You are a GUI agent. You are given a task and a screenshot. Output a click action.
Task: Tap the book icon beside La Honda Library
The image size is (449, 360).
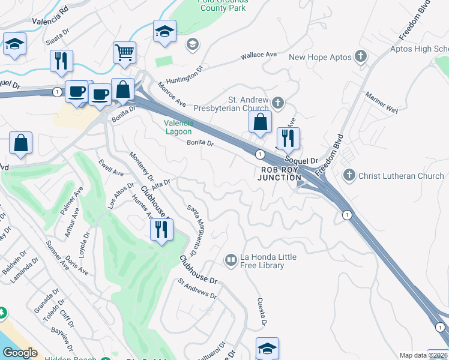[x=231, y=260]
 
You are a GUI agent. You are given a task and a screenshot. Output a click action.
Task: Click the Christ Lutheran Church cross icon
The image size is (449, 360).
[x=349, y=176]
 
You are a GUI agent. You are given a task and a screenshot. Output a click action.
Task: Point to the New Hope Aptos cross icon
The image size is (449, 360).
[x=360, y=57]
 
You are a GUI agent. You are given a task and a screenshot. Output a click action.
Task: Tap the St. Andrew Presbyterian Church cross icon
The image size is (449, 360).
[x=277, y=103]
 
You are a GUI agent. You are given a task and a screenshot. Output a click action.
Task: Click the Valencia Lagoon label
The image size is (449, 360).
[x=179, y=127]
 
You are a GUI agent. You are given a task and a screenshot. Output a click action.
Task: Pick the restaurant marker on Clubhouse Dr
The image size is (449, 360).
[x=161, y=229]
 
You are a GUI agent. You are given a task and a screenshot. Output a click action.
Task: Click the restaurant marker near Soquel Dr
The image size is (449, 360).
[x=289, y=138]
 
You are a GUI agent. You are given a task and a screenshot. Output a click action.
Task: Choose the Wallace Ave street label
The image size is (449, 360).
[x=259, y=55]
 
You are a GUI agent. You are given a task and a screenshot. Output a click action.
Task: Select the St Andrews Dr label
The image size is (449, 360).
[x=197, y=287]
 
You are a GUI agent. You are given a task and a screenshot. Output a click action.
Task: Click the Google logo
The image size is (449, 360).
[x=20, y=353]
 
